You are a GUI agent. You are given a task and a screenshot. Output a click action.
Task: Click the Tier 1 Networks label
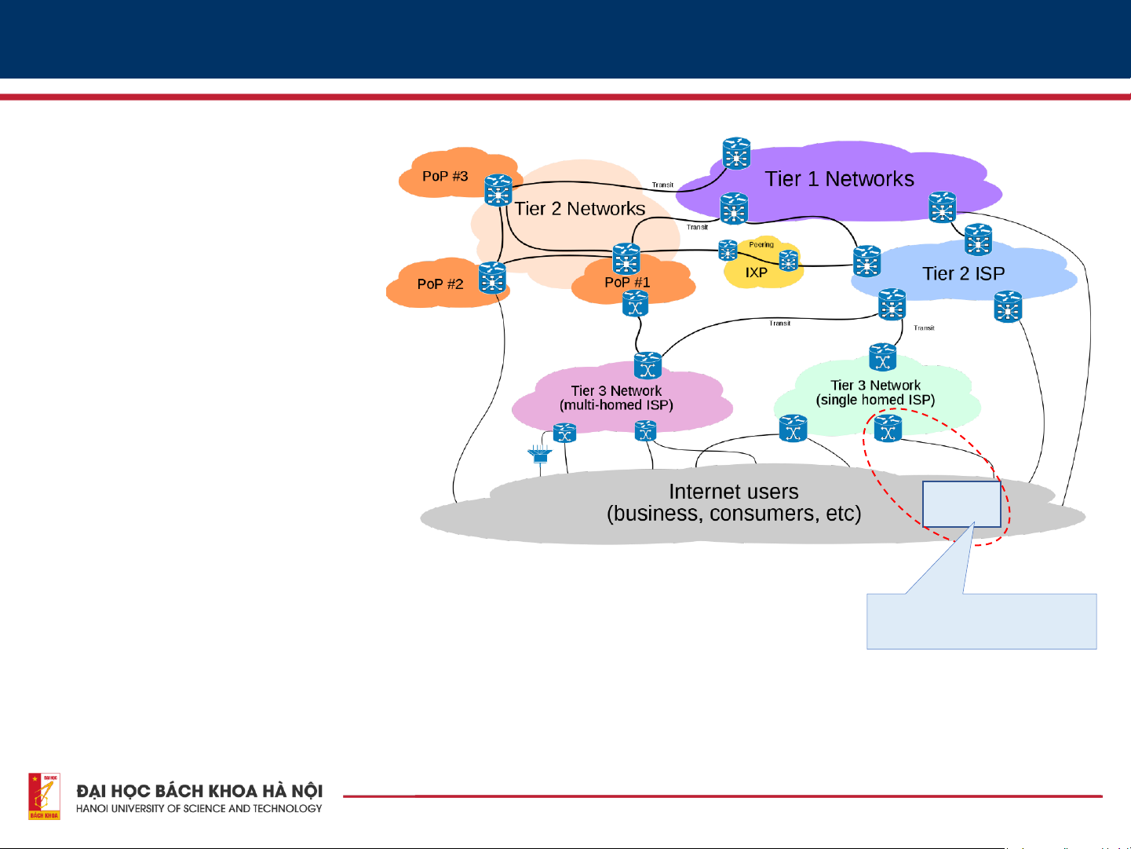[x=839, y=179]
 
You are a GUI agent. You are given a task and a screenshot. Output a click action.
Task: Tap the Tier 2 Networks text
[x=580, y=209]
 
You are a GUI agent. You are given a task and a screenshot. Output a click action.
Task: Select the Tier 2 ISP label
[x=963, y=273]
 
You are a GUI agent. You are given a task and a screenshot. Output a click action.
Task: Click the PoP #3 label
[x=445, y=176]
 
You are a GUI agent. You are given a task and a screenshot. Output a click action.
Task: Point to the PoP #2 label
[x=440, y=284]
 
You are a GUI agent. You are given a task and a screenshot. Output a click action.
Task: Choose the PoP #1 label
[x=627, y=282]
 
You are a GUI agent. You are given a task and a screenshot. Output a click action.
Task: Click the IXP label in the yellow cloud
[x=756, y=273]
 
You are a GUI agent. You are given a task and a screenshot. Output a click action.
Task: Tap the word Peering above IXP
[x=761, y=244]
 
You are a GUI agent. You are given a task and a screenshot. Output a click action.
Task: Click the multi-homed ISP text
[x=616, y=405]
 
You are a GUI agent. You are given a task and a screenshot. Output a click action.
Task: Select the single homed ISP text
[x=875, y=400]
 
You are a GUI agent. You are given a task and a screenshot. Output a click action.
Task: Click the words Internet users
[x=733, y=492]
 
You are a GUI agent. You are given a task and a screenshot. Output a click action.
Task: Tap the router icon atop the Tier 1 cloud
[x=736, y=154]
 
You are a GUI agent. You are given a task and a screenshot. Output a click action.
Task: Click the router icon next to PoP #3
[x=498, y=190]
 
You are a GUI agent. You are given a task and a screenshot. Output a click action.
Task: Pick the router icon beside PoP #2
[x=492, y=278]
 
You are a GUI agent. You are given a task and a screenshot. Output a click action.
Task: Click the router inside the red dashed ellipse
[x=888, y=429]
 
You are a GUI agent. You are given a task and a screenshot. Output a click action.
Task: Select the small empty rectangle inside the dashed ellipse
[x=961, y=503]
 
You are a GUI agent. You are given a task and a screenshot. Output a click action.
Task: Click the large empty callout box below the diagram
[x=981, y=621]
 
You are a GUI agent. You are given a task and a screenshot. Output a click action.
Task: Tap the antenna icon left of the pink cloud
[x=539, y=453]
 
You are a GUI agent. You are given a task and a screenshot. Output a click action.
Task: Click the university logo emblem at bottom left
[x=44, y=796]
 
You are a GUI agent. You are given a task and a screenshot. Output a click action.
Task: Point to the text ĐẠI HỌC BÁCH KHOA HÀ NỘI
[x=199, y=790]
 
